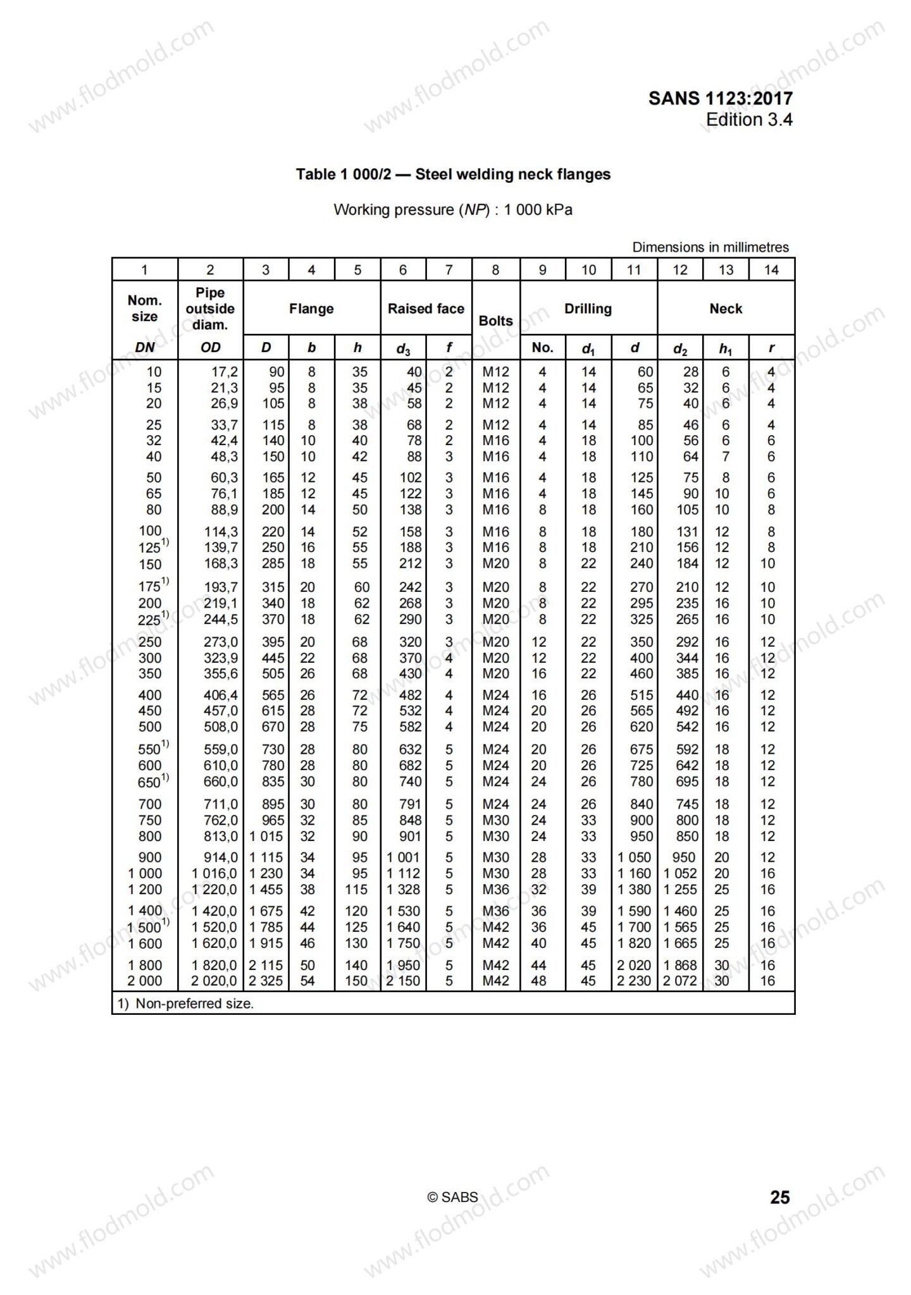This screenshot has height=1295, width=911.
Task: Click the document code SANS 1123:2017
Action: pos(720,98)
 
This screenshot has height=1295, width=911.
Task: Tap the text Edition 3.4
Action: pos(748,120)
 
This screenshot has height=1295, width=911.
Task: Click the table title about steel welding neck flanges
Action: pos(453,175)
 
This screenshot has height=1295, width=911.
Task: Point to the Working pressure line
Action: pos(453,210)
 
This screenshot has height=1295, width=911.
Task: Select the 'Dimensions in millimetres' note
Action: pos(710,247)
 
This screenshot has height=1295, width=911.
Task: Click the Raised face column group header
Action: pos(426,309)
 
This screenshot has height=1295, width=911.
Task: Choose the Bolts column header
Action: pos(495,321)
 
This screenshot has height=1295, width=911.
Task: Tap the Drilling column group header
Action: pos(588,309)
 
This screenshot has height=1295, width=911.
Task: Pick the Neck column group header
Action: pos(726,309)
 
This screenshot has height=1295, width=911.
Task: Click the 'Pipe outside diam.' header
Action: pos(210,309)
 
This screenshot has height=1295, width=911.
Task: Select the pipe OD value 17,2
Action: pos(225,372)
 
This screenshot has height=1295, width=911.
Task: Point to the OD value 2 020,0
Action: pos(215,981)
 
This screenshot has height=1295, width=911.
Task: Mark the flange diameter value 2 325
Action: pos(266,981)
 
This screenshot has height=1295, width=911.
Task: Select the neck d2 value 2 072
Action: pos(680,981)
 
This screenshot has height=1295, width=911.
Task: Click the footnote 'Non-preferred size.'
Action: pos(186,1003)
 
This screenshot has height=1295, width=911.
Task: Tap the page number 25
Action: pos(780,1197)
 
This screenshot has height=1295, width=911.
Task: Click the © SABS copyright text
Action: pos(452,1197)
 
